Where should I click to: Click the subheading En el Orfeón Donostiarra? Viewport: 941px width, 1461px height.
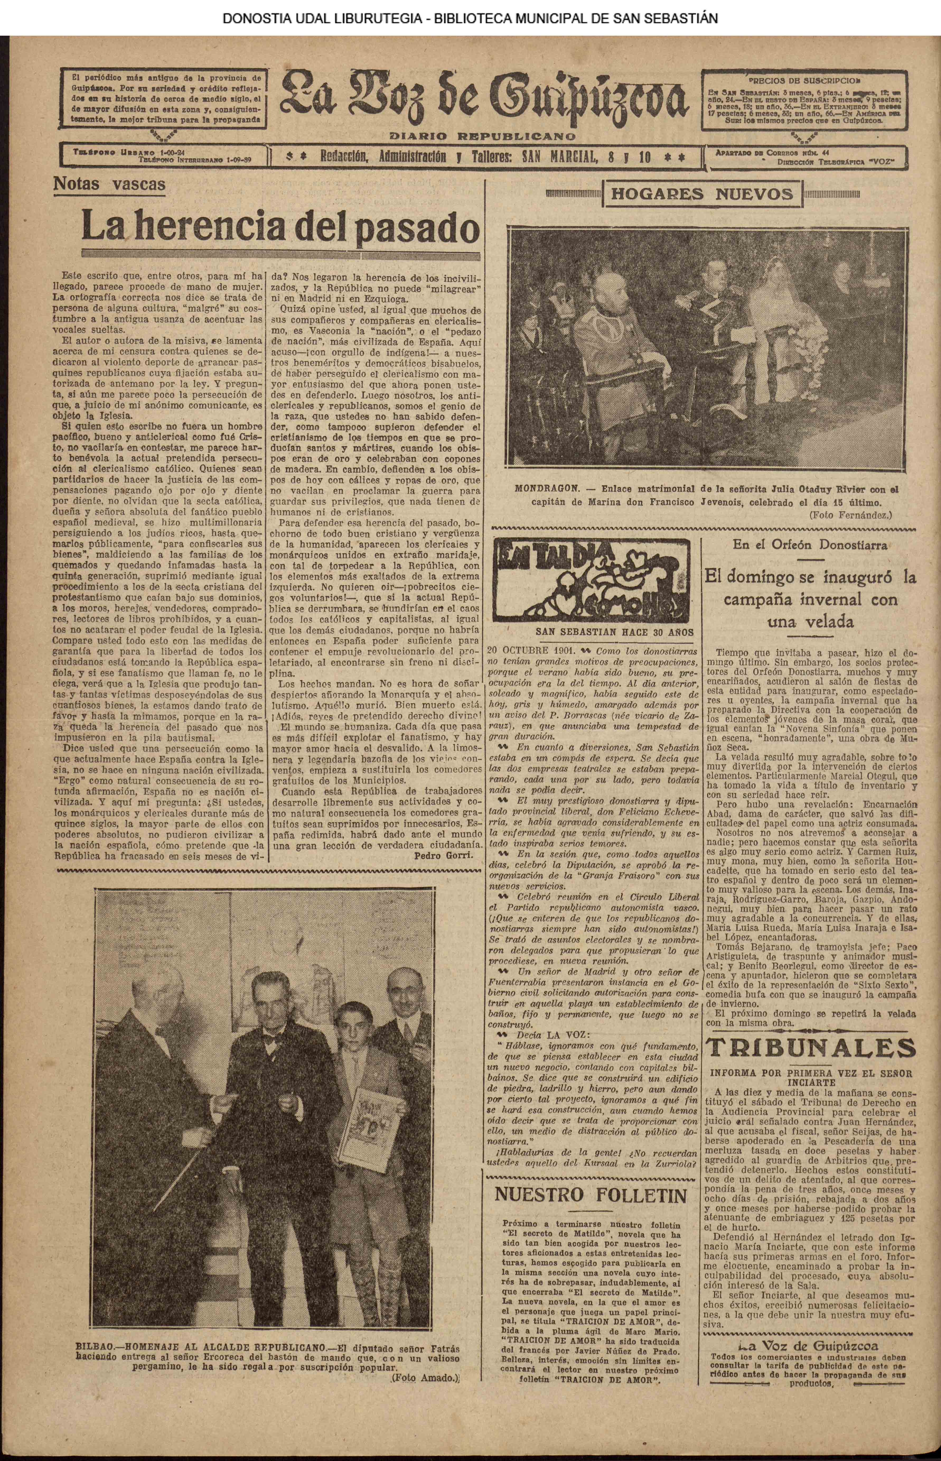pos(810,545)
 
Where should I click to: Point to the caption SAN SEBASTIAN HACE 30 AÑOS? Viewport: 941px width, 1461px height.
pos(614,633)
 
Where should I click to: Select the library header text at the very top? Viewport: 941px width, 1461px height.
pos(470,18)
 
